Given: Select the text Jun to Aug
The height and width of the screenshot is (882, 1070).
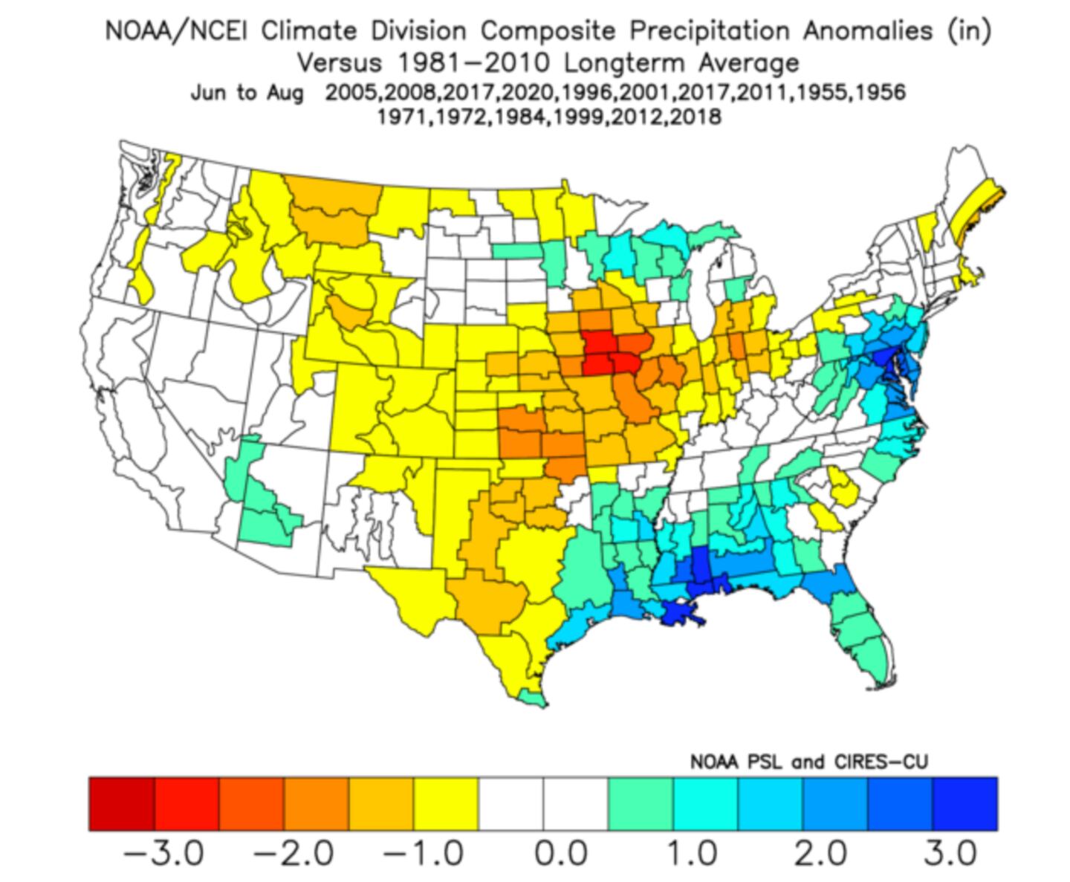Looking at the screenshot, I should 247,93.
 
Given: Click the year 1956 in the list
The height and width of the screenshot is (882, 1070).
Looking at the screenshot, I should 881,93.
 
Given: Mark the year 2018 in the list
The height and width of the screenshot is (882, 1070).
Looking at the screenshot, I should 695,117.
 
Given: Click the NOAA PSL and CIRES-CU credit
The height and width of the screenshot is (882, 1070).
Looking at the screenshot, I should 809,762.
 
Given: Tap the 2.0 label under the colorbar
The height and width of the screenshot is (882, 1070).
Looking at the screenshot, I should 820,852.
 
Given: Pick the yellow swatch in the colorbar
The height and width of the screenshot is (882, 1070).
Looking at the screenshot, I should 446,803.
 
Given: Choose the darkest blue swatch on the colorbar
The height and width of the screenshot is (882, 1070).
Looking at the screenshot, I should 964,803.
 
